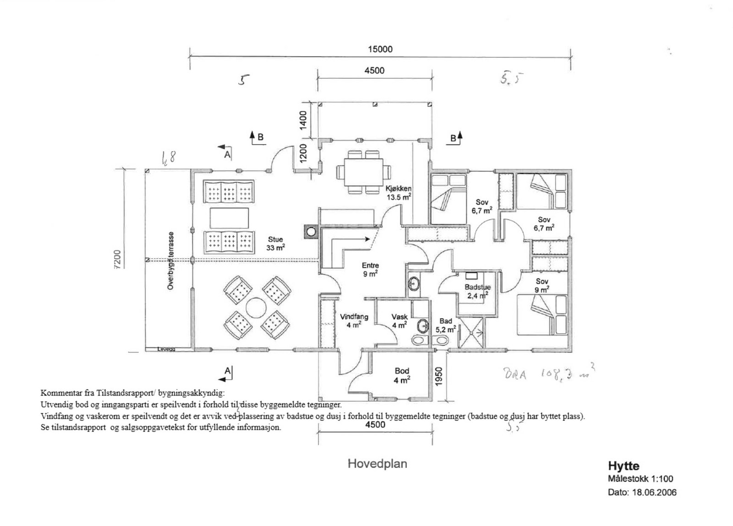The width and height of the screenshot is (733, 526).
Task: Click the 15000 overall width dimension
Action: pos(380,49)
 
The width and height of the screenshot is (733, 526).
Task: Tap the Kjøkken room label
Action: pos(398,189)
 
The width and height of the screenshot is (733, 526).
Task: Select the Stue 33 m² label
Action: pos(275,244)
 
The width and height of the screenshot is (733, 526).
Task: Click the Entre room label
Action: pos(370,266)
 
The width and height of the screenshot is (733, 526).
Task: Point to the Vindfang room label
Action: pos(354,317)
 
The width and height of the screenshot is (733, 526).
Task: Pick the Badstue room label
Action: pos(477,287)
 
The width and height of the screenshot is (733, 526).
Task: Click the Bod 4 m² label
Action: pos(401,375)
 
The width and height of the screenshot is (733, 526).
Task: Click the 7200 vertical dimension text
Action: pos(117,260)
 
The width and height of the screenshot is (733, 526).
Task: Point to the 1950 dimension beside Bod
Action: pos(438,376)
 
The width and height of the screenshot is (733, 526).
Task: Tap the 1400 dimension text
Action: pos(303,120)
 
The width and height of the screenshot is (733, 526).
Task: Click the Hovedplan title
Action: pos(377,464)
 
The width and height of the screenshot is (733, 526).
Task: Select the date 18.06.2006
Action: pos(654,493)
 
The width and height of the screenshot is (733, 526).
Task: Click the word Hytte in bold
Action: pos(624,466)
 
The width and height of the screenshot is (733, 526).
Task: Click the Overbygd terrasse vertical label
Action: pos(171,260)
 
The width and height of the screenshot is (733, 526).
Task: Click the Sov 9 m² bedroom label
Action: pos(542,286)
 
